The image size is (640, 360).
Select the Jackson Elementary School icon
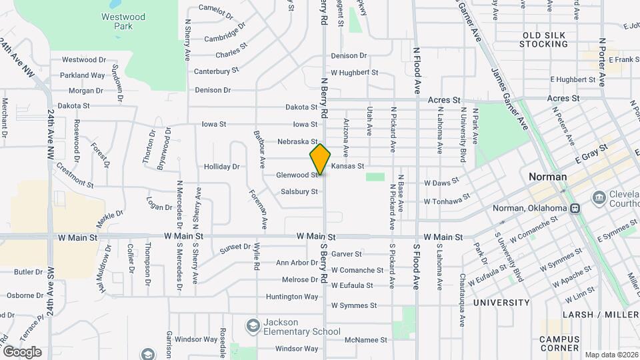tap(253, 325)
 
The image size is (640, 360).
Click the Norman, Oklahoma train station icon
tap(575, 208)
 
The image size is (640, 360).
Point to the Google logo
tap(22, 352)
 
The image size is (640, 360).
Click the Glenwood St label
tap(297, 175)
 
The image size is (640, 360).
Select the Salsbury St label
tap(299, 192)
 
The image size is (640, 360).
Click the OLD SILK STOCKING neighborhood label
tap(545, 39)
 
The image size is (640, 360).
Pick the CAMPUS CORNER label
tap(559, 343)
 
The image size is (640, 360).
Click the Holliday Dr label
tap(221, 167)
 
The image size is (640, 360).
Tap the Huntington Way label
tap(292, 297)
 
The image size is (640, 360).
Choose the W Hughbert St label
tap(354, 73)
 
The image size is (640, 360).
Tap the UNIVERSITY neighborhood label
tap(501, 303)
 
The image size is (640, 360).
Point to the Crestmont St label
tap(75, 174)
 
